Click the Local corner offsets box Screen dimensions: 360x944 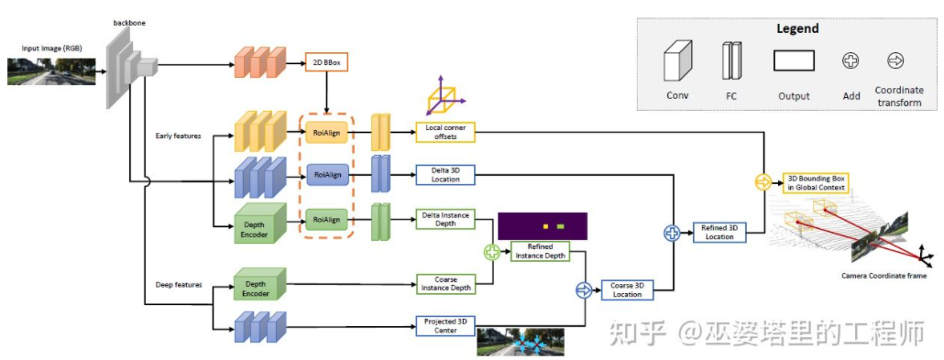445,132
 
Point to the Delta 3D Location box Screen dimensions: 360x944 445,174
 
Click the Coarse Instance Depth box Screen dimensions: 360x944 445,284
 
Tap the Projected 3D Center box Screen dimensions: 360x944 445,325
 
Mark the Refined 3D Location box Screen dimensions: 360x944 719,233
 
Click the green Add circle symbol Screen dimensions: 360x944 492,250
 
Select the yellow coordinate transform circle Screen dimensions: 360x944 761,182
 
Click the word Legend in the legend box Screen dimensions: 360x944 797,28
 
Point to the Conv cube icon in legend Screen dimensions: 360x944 678,60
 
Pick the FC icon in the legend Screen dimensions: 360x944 730,61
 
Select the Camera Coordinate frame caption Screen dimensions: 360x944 884,275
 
